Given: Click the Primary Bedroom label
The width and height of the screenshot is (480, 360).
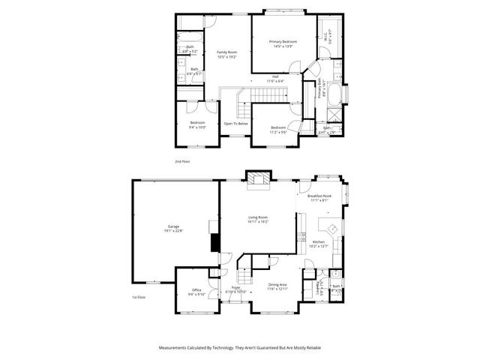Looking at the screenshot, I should point(283,41).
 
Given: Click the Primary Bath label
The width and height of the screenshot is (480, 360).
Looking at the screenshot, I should point(319,92).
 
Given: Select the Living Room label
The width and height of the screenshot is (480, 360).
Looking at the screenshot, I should point(259,217).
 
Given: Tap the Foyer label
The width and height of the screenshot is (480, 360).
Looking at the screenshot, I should point(235,287).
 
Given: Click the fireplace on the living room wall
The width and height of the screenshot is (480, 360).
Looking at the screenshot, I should point(259,178).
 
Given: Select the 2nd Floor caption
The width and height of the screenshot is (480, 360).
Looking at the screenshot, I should point(181,161).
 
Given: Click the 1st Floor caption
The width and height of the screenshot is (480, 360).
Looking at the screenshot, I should point(139,297).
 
